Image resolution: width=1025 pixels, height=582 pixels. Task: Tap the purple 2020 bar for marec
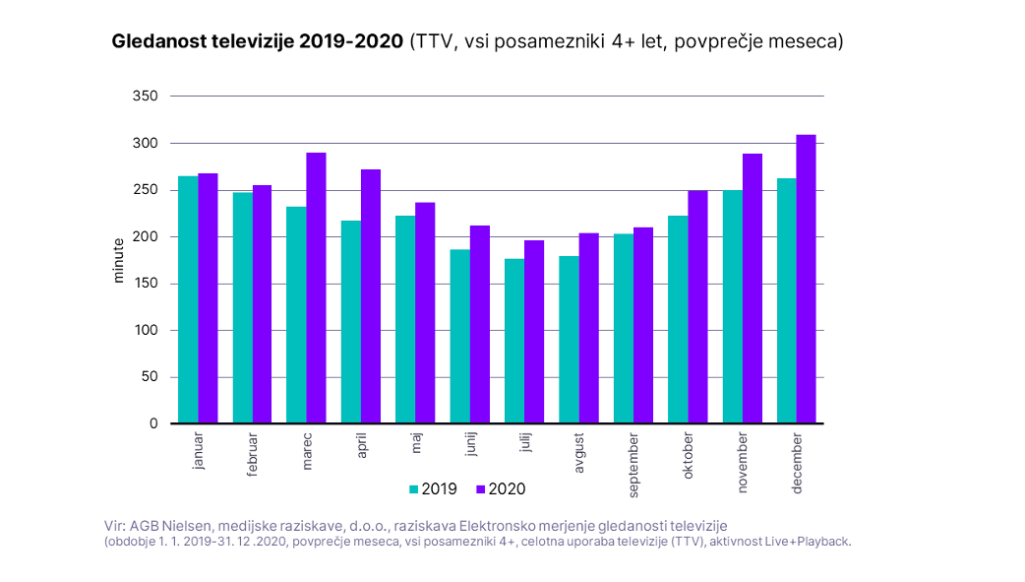tap(316, 288)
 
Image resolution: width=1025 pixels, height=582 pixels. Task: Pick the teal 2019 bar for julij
tap(514, 341)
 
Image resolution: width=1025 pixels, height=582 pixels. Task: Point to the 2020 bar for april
tap(370, 296)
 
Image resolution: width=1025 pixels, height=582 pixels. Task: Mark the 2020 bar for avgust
tap(588, 328)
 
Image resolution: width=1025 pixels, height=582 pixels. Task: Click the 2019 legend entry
tap(429, 488)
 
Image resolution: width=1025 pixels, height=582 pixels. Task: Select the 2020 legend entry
tap(500, 488)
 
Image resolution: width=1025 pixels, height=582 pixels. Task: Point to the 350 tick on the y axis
tap(145, 97)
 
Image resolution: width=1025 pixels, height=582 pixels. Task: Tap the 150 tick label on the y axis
tap(145, 284)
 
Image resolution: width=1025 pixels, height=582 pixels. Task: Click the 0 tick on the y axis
tap(153, 423)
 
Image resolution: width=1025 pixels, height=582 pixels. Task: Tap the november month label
tap(742, 462)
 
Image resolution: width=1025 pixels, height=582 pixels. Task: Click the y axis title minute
tap(119, 260)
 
